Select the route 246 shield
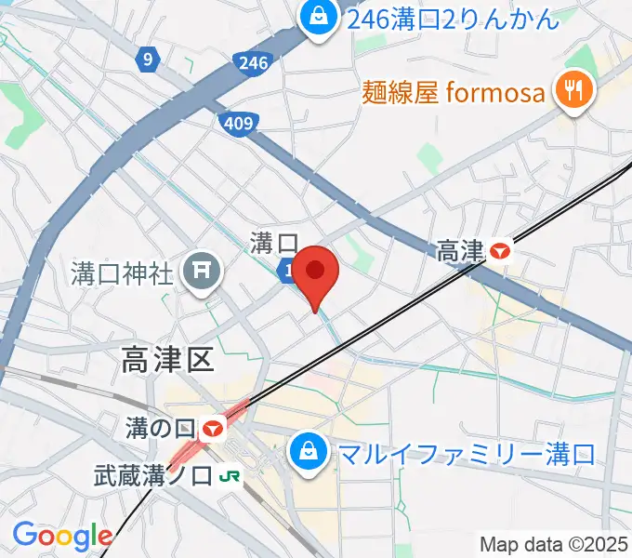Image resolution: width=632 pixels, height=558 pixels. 253,62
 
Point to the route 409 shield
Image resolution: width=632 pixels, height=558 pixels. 238,122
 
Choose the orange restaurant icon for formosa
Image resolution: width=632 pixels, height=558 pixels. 570,90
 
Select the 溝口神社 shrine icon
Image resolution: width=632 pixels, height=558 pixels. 199,272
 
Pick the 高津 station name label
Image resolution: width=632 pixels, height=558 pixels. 461,250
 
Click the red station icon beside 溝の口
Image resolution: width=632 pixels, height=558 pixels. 214,429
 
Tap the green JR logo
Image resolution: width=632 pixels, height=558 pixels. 230,477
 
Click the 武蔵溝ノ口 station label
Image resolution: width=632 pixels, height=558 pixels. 152,476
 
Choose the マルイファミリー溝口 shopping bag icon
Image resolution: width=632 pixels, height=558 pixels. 306,454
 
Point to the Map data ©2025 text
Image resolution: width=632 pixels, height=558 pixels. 554,543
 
